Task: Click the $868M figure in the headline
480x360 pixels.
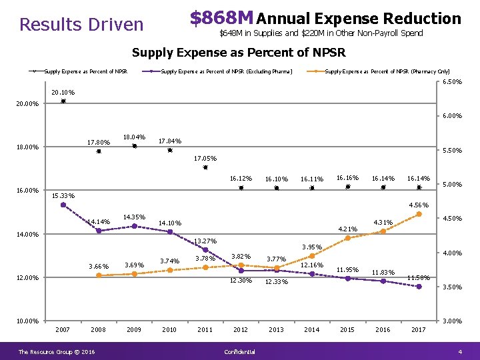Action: (x=221, y=18)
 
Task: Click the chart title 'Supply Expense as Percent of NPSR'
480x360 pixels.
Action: (x=239, y=53)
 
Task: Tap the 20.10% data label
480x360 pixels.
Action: (x=63, y=93)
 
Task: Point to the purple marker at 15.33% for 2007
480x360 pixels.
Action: (x=63, y=205)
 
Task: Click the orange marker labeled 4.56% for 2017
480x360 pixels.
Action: (x=419, y=214)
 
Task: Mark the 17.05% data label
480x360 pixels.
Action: (x=205, y=159)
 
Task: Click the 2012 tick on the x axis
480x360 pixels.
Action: (x=241, y=329)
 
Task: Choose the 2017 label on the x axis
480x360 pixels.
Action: (x=419, y=329)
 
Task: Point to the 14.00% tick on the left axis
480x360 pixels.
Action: (x=27, y=235)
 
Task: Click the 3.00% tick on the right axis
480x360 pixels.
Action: (x=453, y=321)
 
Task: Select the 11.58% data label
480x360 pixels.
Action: (x=419, y=277)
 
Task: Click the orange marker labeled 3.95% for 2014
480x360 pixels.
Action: (x=312, y=255)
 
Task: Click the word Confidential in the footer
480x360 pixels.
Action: (x=240, y=351)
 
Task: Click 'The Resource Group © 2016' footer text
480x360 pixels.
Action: (x=57, y=351)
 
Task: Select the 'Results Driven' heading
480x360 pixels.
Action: (x=81, y=25)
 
